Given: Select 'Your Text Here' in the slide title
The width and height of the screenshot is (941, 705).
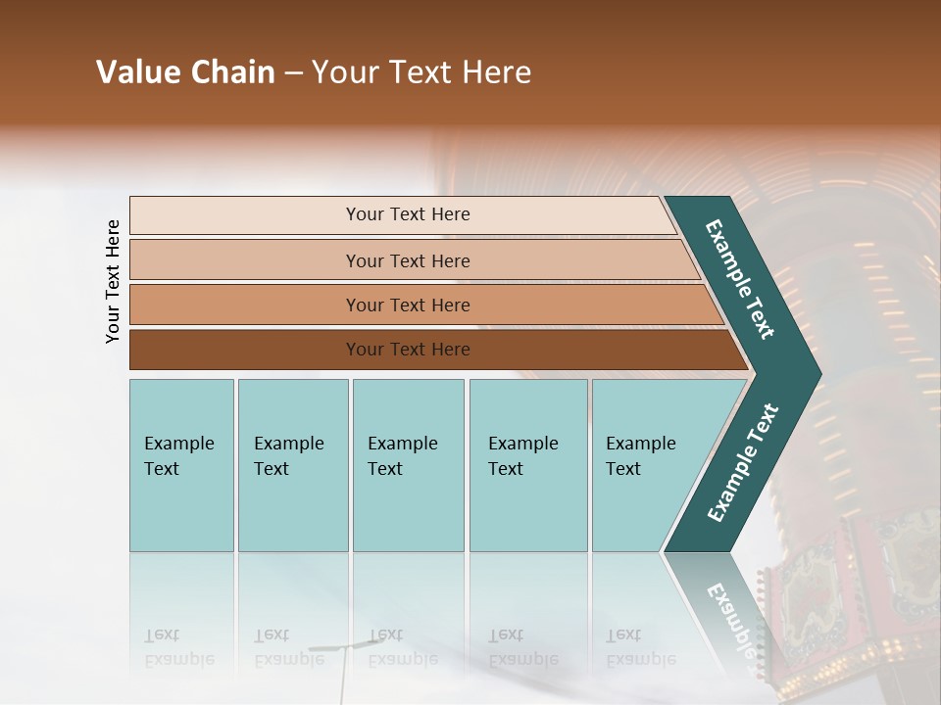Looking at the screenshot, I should click(421, 72).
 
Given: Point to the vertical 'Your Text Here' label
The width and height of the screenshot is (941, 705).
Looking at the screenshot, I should click(113, 281).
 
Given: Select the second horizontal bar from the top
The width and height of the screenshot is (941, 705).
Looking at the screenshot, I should click(408, 260).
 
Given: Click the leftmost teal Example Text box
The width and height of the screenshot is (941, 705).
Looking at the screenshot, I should click(181, 464).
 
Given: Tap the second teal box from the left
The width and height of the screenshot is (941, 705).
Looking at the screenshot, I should click(292, 464).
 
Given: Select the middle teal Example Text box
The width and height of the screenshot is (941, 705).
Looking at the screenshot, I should click(408, 464).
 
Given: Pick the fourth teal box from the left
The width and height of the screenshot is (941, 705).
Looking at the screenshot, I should click(527, 464).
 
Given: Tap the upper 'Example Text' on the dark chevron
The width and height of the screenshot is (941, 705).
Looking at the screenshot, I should click(740, 279).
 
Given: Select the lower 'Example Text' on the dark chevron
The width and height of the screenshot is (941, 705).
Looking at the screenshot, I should click(742, 463).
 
